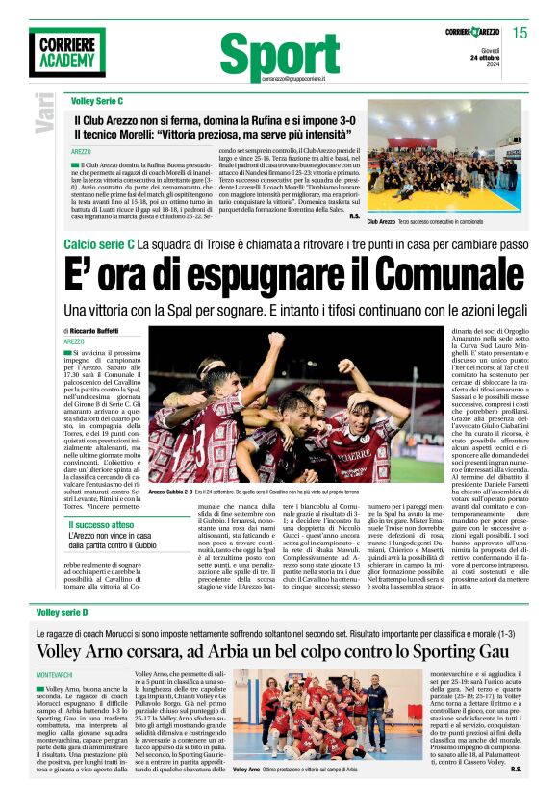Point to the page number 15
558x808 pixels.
click(520, 33)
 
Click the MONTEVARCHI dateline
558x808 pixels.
click(60, 677)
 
